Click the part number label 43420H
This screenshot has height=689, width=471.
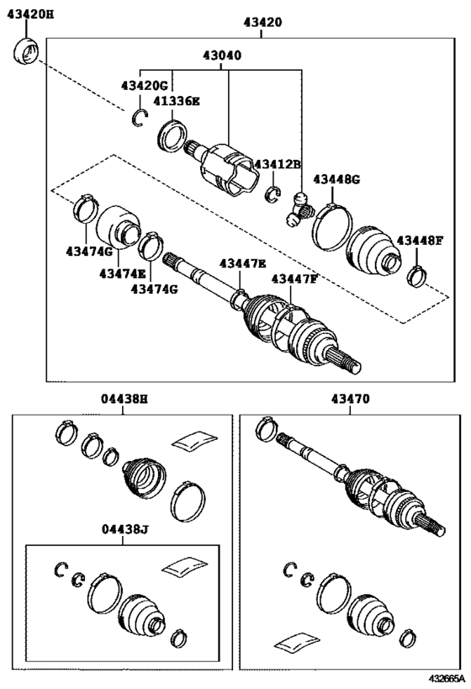point(31,14)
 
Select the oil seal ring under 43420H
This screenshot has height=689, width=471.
point(25,52)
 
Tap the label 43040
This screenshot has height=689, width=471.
point(222,56)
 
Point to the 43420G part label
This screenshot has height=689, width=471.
point(145,86)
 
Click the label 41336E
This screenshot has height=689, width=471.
point(176,101)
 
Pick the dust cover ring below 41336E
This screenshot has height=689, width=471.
point(172,135)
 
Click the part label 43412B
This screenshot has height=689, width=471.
point(278,164)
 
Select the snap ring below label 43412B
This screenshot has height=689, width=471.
point(273,194)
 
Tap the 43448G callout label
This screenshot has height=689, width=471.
point(336,179)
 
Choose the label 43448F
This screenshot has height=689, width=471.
point(420,241)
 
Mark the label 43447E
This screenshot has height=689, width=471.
point(242,263)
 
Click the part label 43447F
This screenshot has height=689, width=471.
point(294,279)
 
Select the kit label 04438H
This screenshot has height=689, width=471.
point(124,399)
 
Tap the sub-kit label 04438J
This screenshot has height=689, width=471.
point(125,529)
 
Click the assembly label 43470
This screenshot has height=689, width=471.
point(350,399)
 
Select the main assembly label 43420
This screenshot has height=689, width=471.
point(262,22)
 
